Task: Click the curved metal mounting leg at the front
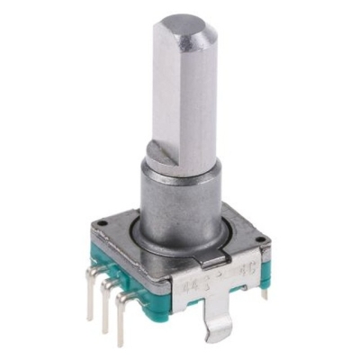tap(216, 319)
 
